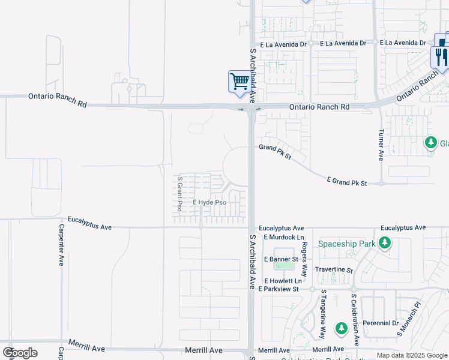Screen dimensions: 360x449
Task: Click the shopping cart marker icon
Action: click(240, 81)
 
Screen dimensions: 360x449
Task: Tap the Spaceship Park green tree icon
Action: click(385, 244)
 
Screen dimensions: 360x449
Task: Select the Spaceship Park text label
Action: click(346, 244)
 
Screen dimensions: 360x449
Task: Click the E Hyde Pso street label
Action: click(209, 203)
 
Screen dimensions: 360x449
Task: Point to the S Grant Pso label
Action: click(179, 193)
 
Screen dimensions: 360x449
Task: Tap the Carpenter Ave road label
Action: click(61, 245)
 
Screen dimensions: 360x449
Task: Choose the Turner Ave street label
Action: click(381, 146)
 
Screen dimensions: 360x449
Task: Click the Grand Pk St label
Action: click(275, 152)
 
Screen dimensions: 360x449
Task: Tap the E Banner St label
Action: click(281, 259)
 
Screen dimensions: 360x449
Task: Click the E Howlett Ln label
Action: click(282, 281)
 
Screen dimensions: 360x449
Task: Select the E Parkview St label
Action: click(279, 289)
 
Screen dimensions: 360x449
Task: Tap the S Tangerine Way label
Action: click(323, 313)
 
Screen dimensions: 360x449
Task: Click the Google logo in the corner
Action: click(20, 352)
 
